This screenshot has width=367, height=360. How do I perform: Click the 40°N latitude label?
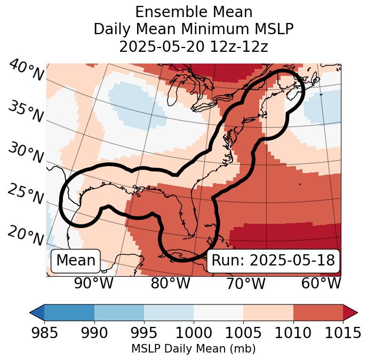click(x=26, y=71)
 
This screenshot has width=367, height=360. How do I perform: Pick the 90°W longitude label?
click(x=93, y=284)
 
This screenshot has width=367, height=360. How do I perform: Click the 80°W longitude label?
click(x=170, y=284)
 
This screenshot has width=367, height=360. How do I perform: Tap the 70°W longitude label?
click(x=246, y=284)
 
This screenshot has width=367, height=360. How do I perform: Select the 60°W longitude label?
click(x=321, y=284)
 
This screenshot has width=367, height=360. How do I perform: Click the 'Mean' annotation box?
click(x=76, y=261)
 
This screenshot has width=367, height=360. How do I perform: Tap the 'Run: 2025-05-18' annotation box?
click(x=273, y=261)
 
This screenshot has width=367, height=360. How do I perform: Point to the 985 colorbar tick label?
click(x=44, y=333)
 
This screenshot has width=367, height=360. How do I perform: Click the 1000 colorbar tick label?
click(x=193, y=333)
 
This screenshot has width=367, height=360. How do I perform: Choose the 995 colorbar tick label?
click(x=143, y=333)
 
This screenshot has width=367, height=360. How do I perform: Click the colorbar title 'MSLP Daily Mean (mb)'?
click(x=193, y=349)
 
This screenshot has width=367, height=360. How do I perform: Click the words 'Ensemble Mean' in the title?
click(x=193, y=12)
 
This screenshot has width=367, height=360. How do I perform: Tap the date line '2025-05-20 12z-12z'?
click(x=193, y=46)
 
